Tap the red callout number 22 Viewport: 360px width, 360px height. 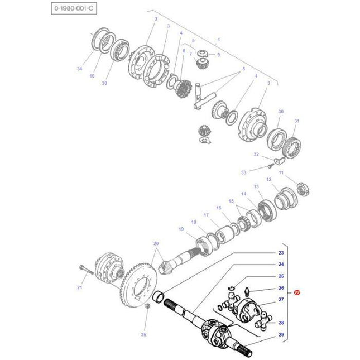click(x=297, y=292)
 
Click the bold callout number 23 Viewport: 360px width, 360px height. click(x=281, y=253)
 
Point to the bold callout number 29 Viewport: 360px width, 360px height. click(x=281, y=334)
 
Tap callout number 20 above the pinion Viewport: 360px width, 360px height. click(x=156, y=243)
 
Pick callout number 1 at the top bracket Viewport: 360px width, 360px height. click(x=219, y=39)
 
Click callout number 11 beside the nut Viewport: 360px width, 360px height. click(x=281, y=173)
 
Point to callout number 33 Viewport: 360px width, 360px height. click(x=243, y=172)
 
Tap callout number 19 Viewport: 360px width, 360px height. click(x=181, y=229)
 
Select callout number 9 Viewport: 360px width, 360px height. click(x=218, y=55)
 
